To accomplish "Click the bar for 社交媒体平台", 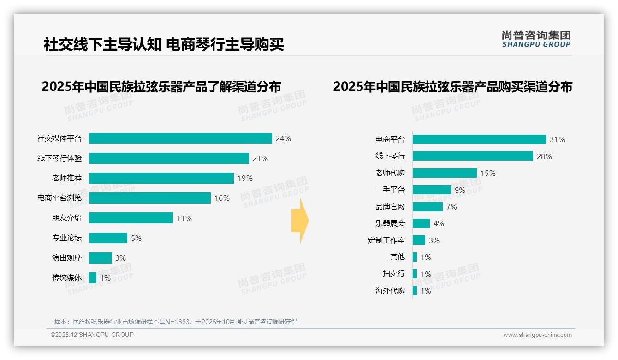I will click(180, 138).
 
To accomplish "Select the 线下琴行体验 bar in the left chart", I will click(169, 158).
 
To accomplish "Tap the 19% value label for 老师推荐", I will click(245, 178).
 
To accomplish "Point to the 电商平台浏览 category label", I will click(59, 198).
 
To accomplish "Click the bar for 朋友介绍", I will click(131, 218).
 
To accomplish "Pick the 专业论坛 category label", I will click(67, 238).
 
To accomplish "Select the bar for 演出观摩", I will click(100, 258).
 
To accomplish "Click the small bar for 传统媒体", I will click(93, 278).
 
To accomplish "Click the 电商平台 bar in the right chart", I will click(479, 139).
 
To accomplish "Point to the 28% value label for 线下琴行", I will click(544, 156).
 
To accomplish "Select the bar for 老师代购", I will click(445, 173).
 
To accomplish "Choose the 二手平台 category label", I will click(390, 190).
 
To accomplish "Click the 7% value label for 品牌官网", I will click(452, 207).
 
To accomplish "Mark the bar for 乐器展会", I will click(421, 223).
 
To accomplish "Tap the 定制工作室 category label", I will click(386, 240).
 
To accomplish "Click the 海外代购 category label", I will click(390, 291).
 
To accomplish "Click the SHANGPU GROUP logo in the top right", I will click(536, 39).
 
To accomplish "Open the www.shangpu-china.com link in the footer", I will click(537, 335).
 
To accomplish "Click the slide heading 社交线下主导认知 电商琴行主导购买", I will click(164, 45).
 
